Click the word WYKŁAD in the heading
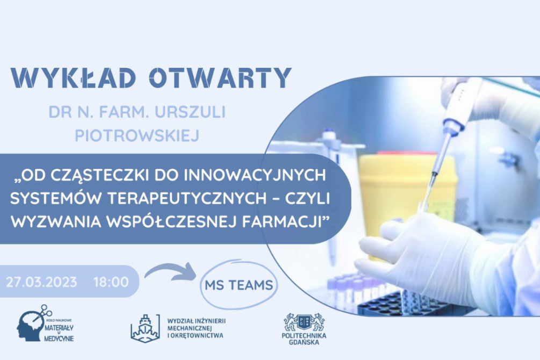(x=74, y=78)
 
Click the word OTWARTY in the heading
(x=220, y=78)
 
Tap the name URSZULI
(x=190, y=112)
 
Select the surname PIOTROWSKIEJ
(x=137, y=135)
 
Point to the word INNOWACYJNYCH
(x=255, y=175)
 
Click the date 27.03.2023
(x=41, y=282)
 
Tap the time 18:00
(x=111, y=282)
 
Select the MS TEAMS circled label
(x=239, y=285)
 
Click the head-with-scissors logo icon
(x=34, y=323)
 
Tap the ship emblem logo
(x=145, y=328)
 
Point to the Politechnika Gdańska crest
(x=304, y=322)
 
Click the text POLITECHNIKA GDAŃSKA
(x=304, y=339)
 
